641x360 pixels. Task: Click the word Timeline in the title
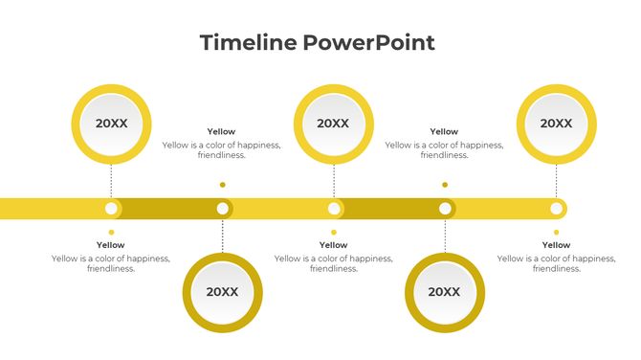(x=249, y=42)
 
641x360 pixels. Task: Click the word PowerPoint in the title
(x=368, y=42)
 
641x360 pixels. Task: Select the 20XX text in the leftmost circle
(x=111, y=123)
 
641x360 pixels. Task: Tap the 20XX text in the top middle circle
(x=333, y=123)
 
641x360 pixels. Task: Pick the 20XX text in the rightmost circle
(x=556, y=123)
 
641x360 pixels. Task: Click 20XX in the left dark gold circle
(x=222, y=292)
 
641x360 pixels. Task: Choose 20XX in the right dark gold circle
(x=444, y=292)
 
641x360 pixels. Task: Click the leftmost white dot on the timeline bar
(x=111, y=208)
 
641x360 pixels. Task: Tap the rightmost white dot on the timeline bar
(x=556, y=208)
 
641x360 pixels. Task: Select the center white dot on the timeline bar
(x=334, y=208)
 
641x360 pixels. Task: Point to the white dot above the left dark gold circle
(x=222, y=208)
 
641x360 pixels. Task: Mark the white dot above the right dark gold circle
(x=445, y=208)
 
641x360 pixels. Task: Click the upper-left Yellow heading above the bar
(x=221, y=132)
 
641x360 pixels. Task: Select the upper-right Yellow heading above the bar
(x=444, y=132)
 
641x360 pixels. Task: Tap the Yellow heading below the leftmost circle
(x=111, y=245)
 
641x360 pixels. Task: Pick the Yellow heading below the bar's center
(x=333, y=245)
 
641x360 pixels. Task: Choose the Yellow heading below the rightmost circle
(x=556, y=245)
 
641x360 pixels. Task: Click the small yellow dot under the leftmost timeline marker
(x=111, y=232)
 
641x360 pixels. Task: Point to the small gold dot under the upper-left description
(x=222, y=185)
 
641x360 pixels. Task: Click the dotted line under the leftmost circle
(x=111, y=180)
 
